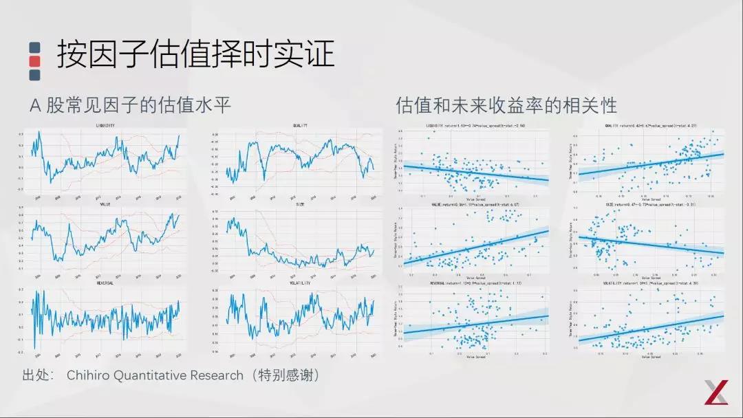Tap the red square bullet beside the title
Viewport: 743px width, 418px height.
(35, 61)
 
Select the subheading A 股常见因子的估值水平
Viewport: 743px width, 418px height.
(130, 105)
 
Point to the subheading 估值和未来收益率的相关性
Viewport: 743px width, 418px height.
(506, 105)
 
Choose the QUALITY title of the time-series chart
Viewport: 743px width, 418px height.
(300, 126)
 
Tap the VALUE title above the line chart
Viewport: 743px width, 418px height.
(105, 204)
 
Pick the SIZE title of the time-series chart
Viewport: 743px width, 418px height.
(300, 204)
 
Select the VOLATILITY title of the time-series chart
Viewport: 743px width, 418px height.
(300, 283)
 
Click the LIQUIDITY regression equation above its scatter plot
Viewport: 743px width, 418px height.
(475, 126)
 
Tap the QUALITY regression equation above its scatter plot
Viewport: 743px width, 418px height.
(649, 126)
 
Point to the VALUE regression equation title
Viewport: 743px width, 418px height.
(475, 205)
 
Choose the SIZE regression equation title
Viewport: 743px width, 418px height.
(649, 205)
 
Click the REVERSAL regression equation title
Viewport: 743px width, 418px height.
(475, 283)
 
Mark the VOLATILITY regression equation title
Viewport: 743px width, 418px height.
(649, 283)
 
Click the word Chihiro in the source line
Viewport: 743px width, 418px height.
(89, 375)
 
